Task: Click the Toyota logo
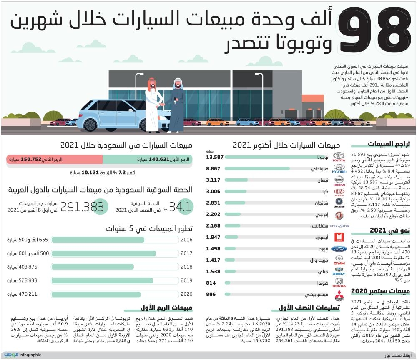[339, 157]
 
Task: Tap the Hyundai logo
[339, 170]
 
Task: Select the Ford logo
[339, 249]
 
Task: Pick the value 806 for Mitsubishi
[212, 294]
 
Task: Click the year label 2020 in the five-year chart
[186, 294]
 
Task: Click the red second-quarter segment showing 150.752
[54, 159]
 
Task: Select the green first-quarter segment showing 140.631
[147, 159]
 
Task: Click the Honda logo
[339, 283]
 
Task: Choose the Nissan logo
[339, 181]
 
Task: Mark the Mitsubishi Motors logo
[339, 296]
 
